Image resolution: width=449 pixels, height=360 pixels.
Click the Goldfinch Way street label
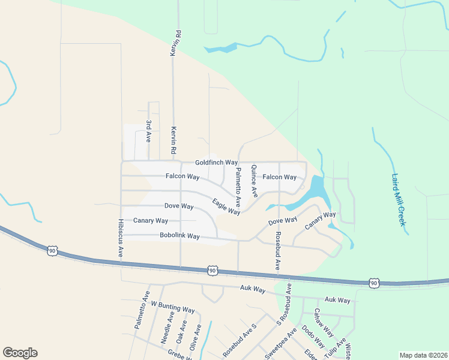(x=217, y=163)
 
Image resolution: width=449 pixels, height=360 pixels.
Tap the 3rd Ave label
(x=148, y=130)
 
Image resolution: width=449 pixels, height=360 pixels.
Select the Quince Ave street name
(x=255, y=181)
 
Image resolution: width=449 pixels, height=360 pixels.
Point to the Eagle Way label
(x=226, y=207)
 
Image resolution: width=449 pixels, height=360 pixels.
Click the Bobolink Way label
(x=179, y=236)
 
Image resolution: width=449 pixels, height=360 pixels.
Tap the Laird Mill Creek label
(x=399, y=200)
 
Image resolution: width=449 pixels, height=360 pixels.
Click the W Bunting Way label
(x=173, y=308)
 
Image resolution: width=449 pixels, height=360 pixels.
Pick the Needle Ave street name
(x=167, y=326)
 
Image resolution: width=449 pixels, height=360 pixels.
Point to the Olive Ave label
(x=194, y=338)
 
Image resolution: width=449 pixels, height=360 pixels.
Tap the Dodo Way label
(x=313, y=337)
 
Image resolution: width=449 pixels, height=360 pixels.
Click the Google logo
(x=20, y=353)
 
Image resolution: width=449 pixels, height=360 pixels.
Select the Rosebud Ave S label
(x=240, y=341)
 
